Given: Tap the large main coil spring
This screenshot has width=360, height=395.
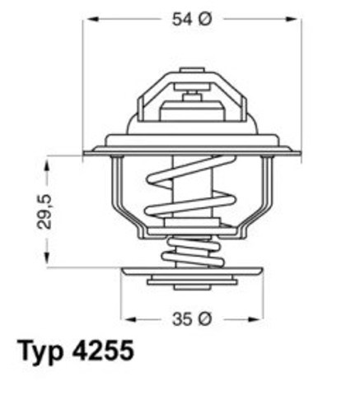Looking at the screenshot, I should (x=192, y=197).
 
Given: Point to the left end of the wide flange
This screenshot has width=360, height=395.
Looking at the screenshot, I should (x=89, y=151).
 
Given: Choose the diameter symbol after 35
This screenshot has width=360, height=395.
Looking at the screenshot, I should (x=206, y=317).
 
